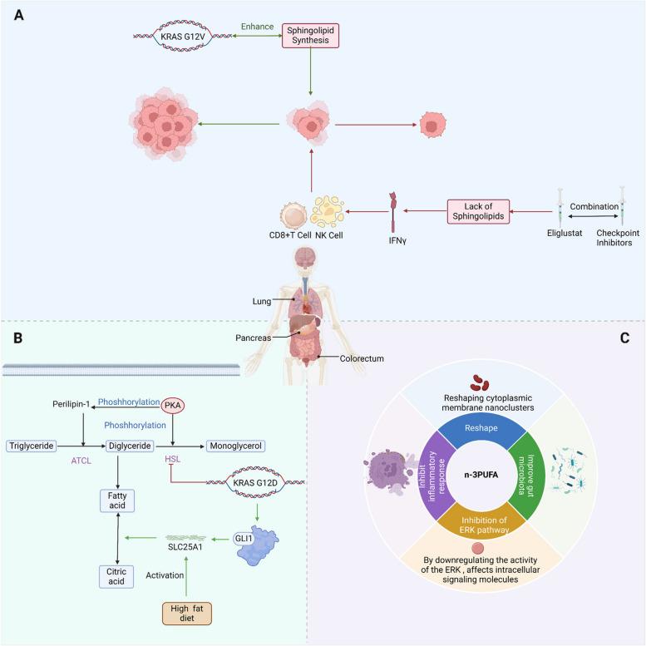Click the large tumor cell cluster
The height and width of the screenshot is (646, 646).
pyautogui.click(x=167, y=126)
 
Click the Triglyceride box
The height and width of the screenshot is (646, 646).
pyautogui.click(x=32, y=446)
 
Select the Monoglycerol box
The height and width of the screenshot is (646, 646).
pyautogui.click(x=235, y=446)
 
